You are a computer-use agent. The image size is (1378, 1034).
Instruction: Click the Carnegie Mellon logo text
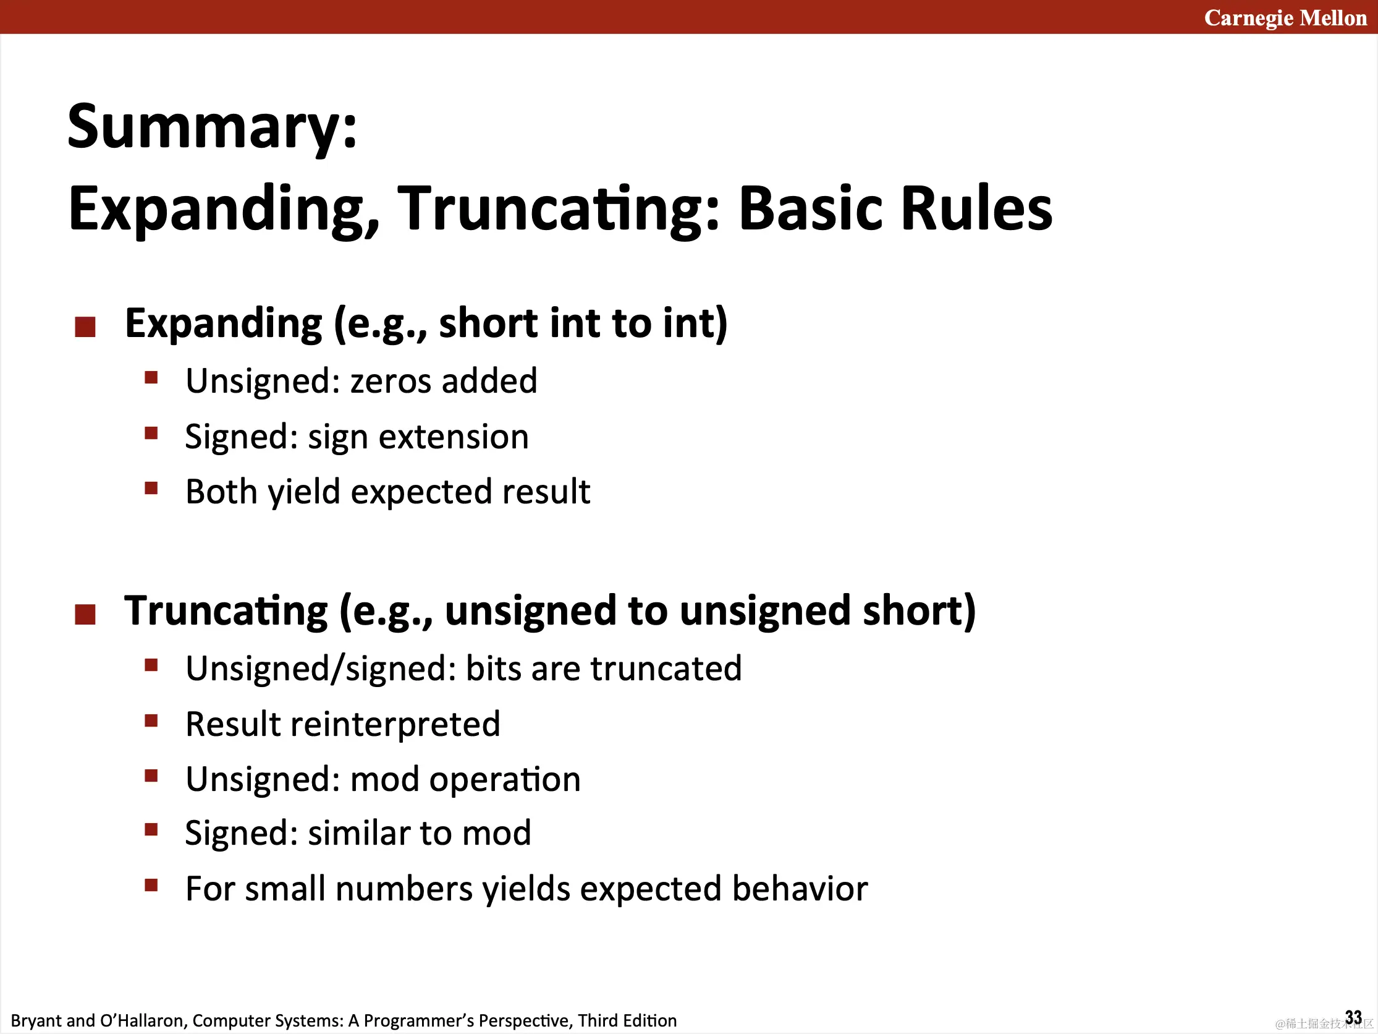pyautogui.click(x=1285, y=18)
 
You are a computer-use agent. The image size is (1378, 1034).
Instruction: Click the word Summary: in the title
pyautogui.click(x=213, y=127)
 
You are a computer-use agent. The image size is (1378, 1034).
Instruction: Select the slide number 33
pyautogui.click(x=1353, y=1017)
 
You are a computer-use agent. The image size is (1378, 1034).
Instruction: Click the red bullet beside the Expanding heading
pyautogui.click(x=85, y=327)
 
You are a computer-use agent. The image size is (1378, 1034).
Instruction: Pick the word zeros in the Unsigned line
pyautogui.click(x=391, y=381)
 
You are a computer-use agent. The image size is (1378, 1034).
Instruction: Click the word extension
pyautogui.click(x=454, y=436)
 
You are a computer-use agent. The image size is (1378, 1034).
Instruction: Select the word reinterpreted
pyautogui.click(x=395, y=724)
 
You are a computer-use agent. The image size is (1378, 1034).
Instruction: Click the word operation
pyautogui.click(x=505, y=780)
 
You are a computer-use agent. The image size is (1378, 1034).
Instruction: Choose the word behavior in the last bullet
pyautogui.click(x=800, y=889)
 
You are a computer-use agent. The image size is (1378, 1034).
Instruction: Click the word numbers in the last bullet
pyautogui.click(x=404, y=889)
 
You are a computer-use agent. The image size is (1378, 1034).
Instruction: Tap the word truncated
pyautogui.click(x=666, y=669)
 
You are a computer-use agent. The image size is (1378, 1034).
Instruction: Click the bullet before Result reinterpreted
pyautogui.click(x=151, y=721)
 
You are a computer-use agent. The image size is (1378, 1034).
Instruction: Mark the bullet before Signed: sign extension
pyautogui.click(x=151, y=433)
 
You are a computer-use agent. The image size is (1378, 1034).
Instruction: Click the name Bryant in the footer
pyautogui.click(x=36, y=1021)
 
